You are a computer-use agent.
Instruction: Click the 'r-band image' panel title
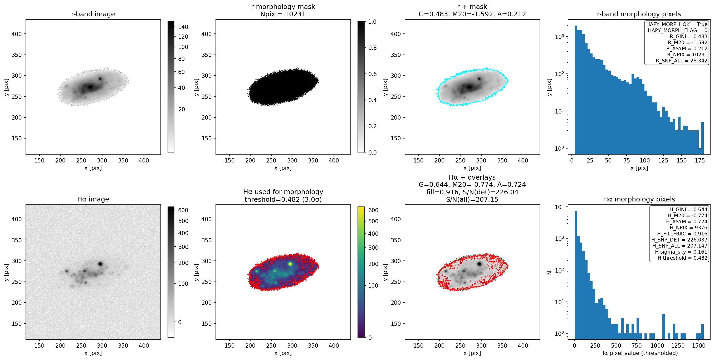click(x=93, y=14)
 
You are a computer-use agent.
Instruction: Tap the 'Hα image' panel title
click(x=93, y=199)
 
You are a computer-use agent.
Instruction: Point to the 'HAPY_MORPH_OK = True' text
click(x=677, y=24)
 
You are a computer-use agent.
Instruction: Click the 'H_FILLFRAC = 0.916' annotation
click(x=682, y=234)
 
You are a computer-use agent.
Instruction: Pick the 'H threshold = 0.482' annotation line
click(x=682, y=258)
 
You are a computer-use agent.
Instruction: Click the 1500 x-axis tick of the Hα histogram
click(x=698, y=345)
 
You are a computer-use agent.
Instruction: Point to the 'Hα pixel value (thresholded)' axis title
click(x=639, y=353)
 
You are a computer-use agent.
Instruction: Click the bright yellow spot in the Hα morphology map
click(x=290, y=264)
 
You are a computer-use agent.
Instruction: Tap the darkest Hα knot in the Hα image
click(x=100, y=264)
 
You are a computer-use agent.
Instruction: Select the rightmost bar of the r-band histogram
click(x=702, y=138)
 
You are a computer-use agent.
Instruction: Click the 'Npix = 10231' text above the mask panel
click(x=283, y=14)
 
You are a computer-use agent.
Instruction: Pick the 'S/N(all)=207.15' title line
click(x=472, y=199)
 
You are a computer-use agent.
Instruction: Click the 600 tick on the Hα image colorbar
click(x=183, y=210)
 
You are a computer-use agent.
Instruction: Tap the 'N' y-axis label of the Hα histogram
click(x=549, y=272)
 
